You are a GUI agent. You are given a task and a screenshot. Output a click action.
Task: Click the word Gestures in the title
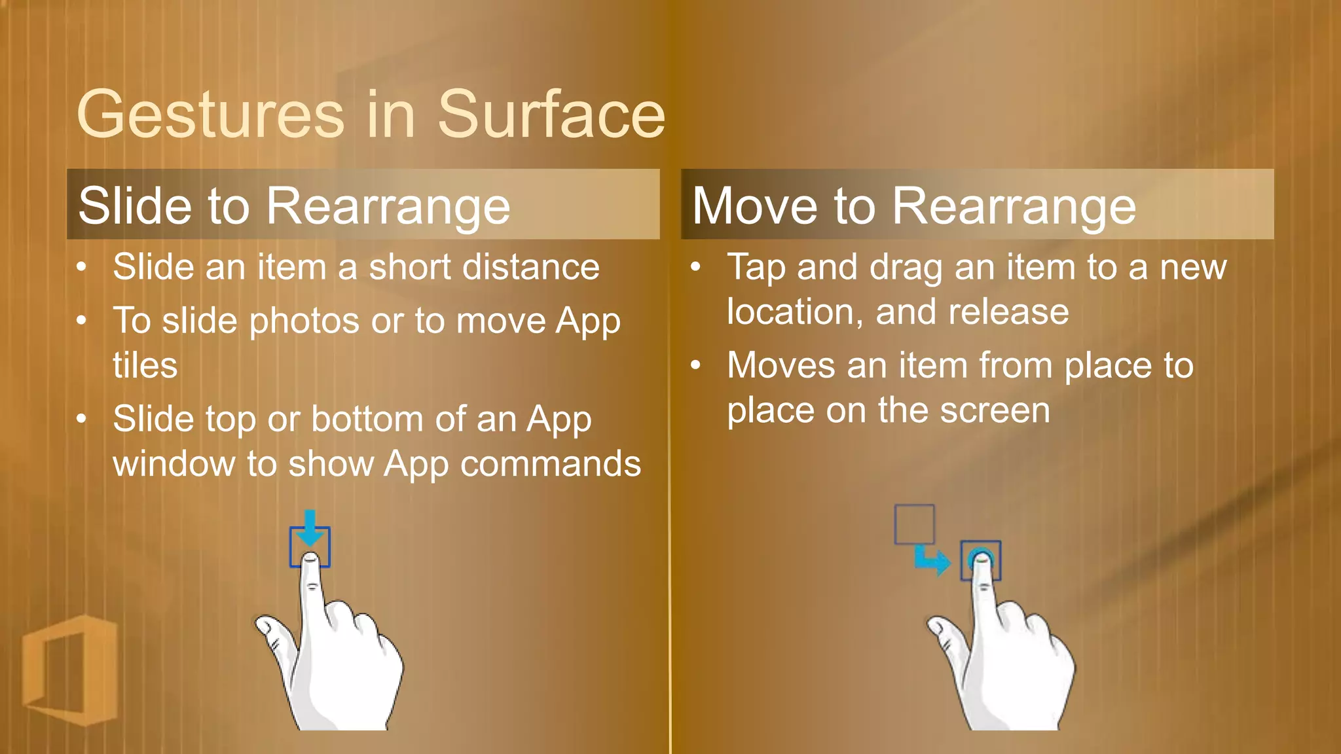point(210,115)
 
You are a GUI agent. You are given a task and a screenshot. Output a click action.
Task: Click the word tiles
point(145,365)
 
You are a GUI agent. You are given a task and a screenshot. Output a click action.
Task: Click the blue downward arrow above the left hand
point(310,528)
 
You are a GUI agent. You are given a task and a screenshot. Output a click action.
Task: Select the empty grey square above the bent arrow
point(914,524)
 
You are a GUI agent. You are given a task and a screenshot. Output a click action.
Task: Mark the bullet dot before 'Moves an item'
point(696,366)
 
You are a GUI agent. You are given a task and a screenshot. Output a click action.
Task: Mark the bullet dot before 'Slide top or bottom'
point(81,419)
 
